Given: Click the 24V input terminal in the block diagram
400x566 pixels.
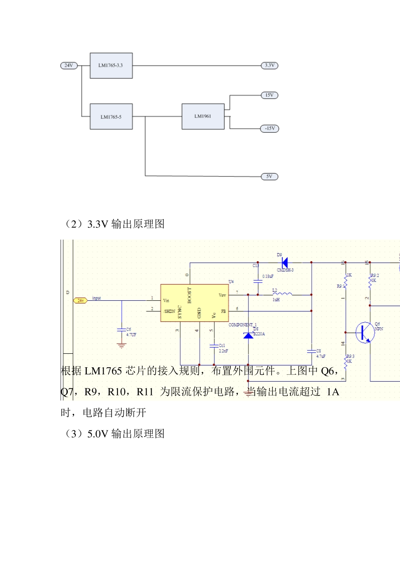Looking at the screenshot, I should coord(69,66).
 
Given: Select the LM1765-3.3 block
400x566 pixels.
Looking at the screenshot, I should coord(111,66).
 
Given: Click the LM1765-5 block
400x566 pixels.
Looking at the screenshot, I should coord(111,117).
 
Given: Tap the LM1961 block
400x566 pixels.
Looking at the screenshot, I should coord(203,116).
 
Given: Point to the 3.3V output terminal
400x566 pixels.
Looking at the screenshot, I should coord(269,66).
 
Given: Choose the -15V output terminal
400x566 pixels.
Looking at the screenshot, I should coord(269,128).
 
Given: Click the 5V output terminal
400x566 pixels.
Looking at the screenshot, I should coord(269,176).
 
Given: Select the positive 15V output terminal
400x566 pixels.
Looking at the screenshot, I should coord(269,95).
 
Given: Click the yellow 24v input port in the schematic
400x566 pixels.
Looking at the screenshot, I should coord(80,301).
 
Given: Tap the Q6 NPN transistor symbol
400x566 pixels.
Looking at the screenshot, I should coord(365,333).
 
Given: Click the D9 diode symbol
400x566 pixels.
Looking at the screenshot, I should coord(285,262).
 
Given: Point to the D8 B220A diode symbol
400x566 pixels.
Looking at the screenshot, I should coord(248,335).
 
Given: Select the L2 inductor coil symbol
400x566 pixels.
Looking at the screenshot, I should coord(282,294).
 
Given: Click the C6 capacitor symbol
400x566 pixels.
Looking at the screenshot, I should coord(122,331).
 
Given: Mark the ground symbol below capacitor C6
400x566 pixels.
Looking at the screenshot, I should coord(122,346).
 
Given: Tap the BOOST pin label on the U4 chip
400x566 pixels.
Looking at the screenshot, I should coord(189,295).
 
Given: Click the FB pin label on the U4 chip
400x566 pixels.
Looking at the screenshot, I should coord(223,312).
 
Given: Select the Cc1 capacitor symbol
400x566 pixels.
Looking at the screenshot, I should coord(214,346).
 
